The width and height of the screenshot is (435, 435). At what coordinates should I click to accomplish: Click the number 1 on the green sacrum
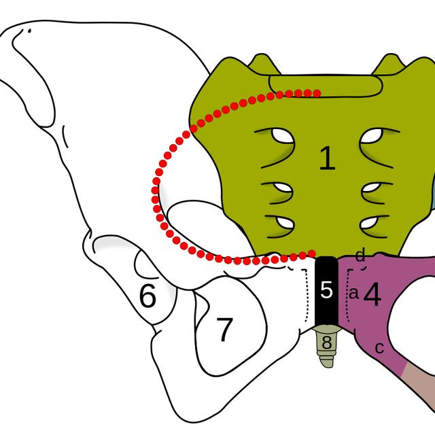(328, 158)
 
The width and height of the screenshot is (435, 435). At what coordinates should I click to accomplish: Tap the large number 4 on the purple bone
(372, 294)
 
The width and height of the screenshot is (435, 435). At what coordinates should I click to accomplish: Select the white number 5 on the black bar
(326, 290)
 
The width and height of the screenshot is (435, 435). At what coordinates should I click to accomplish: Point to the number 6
(147, 296)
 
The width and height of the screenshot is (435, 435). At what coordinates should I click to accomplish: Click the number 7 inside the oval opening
(224, 330)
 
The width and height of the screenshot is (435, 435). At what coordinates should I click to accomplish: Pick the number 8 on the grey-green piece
(326, 343)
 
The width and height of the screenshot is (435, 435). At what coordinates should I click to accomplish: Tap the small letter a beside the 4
(353, 293)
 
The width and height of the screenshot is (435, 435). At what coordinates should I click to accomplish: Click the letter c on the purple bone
(379, 348)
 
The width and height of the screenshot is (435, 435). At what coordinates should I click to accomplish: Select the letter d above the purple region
(360, 256)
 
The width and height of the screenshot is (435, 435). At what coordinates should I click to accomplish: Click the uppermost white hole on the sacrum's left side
(283, 135)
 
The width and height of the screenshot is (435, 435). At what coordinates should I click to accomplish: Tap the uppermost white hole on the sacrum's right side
(372, 135)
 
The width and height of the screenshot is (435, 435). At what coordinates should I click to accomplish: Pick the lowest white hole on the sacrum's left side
(284, 223)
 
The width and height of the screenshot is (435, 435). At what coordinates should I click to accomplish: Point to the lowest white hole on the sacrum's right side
(370, 223)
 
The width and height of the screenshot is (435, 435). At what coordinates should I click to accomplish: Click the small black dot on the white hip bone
(29, 31)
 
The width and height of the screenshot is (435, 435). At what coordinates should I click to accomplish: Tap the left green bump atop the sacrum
(263, 65)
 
